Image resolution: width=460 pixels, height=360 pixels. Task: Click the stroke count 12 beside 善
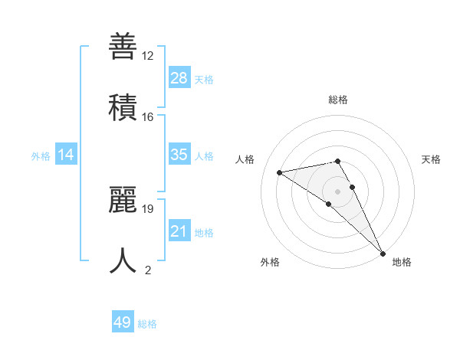pos(148,56)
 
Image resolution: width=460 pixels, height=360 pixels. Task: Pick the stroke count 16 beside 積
pos(148,117)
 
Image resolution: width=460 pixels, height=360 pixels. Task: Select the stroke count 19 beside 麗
pos(148,208)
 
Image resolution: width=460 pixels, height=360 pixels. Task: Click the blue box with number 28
pos(179,78)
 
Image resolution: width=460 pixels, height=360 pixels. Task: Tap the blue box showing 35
pos(179,155)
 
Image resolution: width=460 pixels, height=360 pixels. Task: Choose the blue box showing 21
pos(179,231)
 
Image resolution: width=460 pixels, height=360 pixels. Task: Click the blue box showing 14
pos(66,155)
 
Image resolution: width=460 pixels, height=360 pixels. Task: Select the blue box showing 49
pos(123,322)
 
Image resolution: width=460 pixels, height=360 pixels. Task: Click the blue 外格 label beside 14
pos(41,156)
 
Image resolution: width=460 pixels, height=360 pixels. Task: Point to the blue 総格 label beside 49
pos(147,324)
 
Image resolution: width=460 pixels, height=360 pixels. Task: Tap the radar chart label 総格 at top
pos(338,100)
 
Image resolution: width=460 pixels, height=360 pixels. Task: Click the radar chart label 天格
pos(432,159)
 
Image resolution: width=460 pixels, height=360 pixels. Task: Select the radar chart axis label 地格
pos(402,262)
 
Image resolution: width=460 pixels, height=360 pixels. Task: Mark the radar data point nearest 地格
pos(383,253)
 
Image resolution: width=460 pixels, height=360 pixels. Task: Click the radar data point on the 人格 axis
pos(280,172)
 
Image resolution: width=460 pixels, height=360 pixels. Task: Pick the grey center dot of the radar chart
pos(338,191)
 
